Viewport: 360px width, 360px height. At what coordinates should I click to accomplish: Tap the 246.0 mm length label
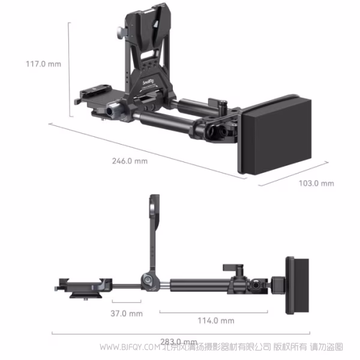[130, 161]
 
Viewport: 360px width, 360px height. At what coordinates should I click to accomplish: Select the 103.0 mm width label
[316, 182]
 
